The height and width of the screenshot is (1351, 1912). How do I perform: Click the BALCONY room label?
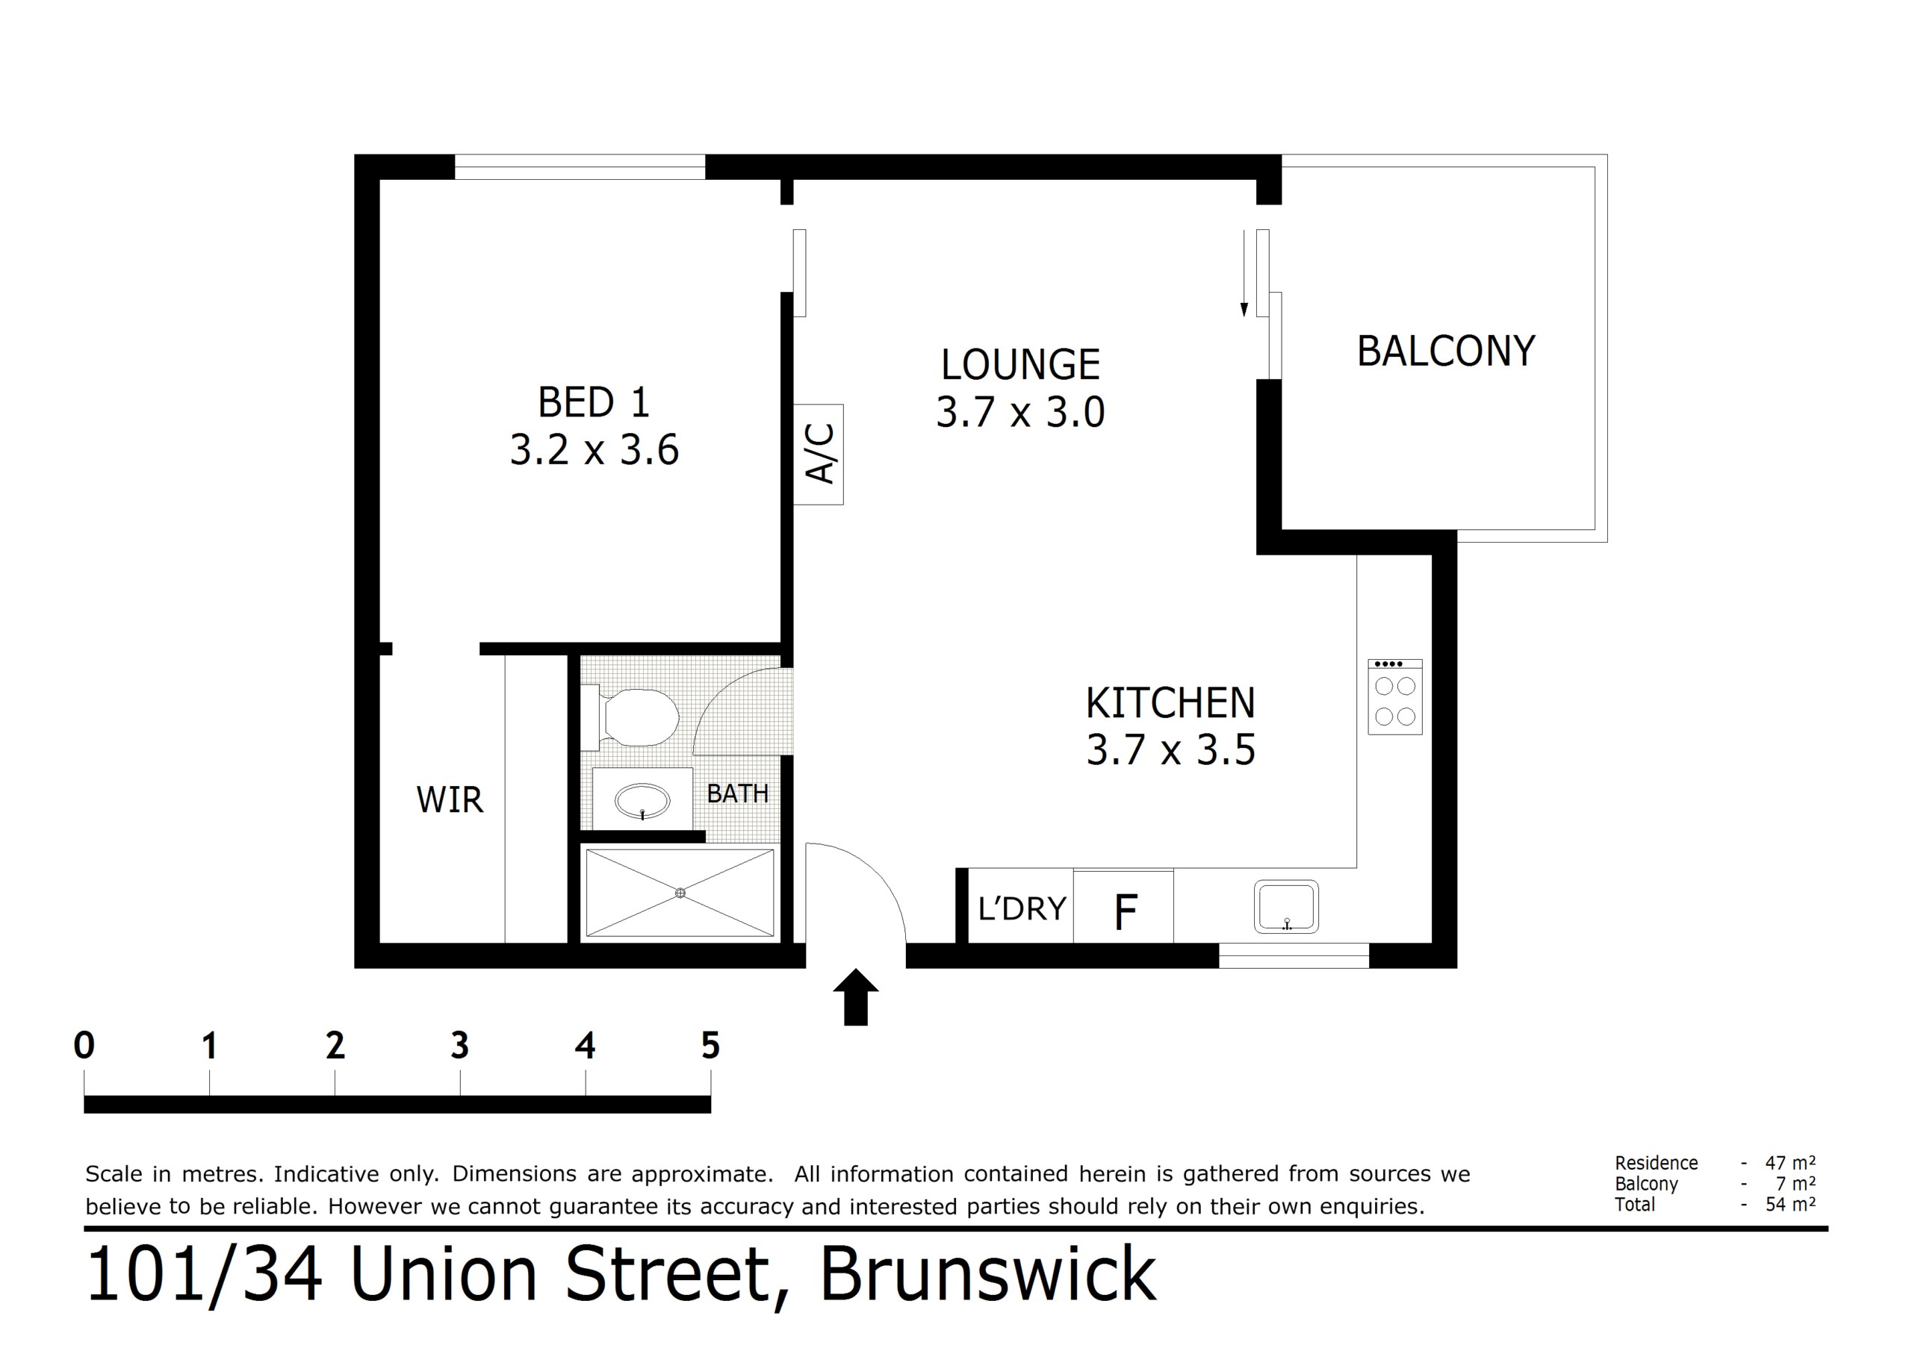point(1446,352)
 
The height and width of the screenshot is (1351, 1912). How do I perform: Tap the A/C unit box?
point(818,455)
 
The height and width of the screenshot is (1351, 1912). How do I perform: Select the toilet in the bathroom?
point(630,716)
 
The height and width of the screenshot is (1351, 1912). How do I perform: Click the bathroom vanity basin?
point(642,802)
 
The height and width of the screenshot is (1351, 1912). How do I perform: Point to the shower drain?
point(680,893)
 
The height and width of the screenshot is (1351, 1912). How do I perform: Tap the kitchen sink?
point(1287,906)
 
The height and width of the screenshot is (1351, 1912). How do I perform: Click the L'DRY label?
point(1022,908)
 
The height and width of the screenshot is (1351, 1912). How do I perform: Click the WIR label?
point(450,800)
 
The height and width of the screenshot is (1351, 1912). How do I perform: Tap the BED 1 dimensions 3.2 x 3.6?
point(595,450)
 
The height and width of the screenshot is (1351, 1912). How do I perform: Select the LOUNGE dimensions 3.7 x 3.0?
point(1020,412)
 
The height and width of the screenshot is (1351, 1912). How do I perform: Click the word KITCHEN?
point(1170,703)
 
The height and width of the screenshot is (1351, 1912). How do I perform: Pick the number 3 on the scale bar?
point(459,1046)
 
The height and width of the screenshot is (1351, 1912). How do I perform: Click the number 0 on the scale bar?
point(84,1046)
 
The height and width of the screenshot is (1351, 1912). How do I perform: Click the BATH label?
point(738,793)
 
